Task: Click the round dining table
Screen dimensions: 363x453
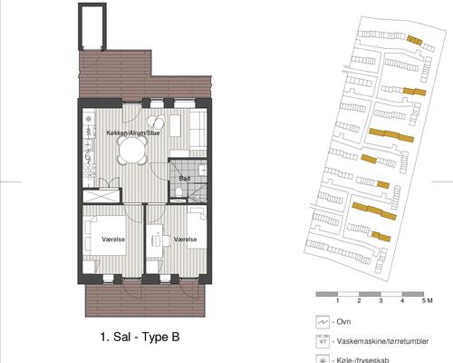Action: pos(133,155)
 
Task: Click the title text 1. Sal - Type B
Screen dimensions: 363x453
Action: pos(140,337)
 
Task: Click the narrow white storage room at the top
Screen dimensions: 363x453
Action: pos(92,28)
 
